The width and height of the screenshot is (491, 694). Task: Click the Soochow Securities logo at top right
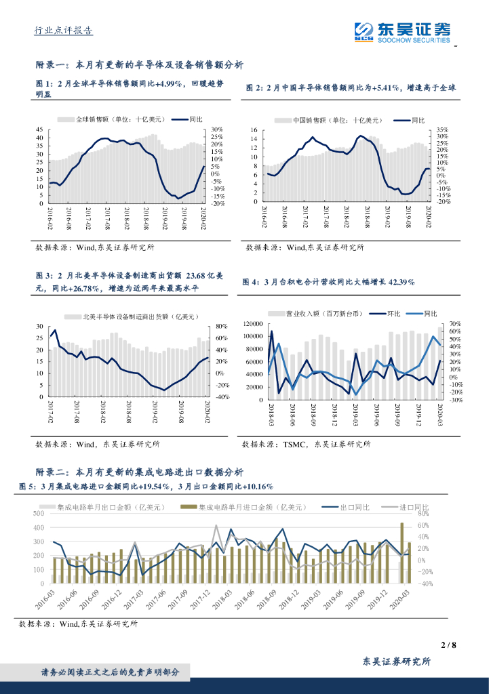coord(402,32)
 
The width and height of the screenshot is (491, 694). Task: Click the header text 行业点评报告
coord(64,30)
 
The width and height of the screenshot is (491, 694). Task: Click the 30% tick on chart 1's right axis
coord(217,129)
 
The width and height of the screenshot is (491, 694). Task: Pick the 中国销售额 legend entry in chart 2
coord(328,121)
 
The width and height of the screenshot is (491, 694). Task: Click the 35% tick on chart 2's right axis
coord(441,129)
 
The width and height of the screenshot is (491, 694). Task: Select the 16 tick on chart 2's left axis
coord(253,129)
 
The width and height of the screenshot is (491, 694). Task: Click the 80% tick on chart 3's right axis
coord(222,326)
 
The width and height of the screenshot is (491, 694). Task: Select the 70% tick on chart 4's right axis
coord(455,325)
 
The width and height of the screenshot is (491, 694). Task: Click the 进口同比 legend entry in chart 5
coord(414,507)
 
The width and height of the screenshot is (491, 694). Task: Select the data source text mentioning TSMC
coord(307,444)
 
